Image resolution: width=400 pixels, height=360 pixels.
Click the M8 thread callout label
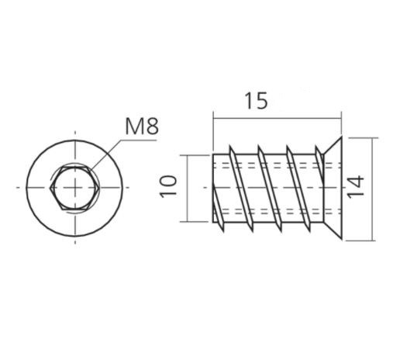(x=141, y=126)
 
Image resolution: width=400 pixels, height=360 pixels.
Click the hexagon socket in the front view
(x=75, y=188)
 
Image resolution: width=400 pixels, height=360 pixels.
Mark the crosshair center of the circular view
(x=75, y=188)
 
